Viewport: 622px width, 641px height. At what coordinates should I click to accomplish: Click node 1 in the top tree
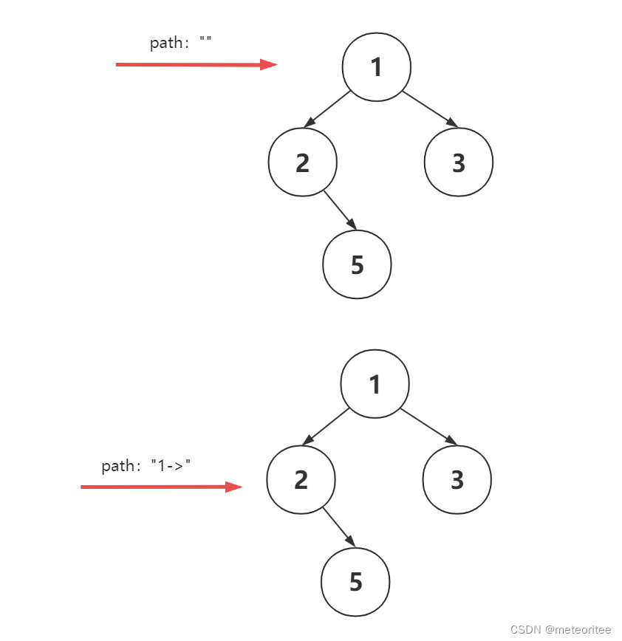pyautogui.click(x=377, y=67)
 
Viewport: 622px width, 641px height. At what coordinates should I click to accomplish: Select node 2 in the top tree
pyautogui.click(x=302, y=162)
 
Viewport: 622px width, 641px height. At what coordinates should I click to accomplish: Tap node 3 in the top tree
pyautogui.click(x=459, y=162)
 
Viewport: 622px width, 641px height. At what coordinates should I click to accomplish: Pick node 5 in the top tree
pyautogui.click(x=358, y=264)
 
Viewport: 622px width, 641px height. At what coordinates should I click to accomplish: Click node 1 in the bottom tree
pyautogui.click(x=375, y=384)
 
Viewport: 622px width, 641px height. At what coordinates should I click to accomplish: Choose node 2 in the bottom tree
pyautogui.click(x=301, y=480)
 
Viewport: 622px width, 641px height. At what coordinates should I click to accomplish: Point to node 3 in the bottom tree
pyautogui.click(x=457, y=480)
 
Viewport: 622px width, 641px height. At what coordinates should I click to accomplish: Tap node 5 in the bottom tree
pyautogui.click(x=356, y=582)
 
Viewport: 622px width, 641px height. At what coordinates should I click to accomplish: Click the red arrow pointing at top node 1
pyautogui.click(x=196, y=64)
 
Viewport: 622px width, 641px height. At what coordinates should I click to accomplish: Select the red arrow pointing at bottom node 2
pyautogui.click(x=161, y=487)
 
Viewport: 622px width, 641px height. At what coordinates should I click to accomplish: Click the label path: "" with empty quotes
pyautogui.click(x=181, y=43)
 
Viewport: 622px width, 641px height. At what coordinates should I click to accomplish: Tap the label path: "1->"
pyautogui.click(x=146, y=466)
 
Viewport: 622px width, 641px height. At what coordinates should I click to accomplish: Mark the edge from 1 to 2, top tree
pyautogui.click(x=327, y=109)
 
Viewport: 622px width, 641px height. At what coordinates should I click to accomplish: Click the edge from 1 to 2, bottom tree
pyautogui.click(x=325, y=427)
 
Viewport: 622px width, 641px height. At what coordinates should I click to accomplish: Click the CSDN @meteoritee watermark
pyautogui.click(x=561, y=629)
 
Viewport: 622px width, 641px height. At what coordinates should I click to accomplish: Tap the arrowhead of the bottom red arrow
pyautogui.click(x=235, y=487)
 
